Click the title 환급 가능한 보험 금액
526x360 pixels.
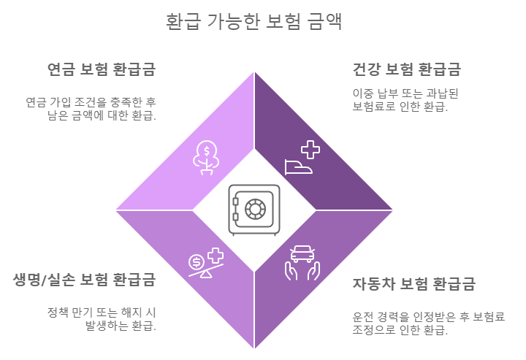pos(254,22)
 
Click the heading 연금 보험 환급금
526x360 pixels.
pos(102,69)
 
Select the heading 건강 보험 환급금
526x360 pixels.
pos(406,69)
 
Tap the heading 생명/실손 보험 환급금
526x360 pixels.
pos(85,280)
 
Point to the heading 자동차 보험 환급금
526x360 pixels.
pos(413,283)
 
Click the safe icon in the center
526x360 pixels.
pos(254,210)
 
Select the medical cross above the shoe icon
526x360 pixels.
pos(310,150)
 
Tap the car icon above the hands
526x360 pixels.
pos(302,255)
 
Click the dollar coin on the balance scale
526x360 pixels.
pos(197,262)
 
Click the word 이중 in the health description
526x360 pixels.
pos(362,93)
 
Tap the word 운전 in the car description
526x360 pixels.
pos(362,316)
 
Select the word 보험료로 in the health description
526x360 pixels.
pos(376,107)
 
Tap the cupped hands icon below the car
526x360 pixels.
pos(302,272)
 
